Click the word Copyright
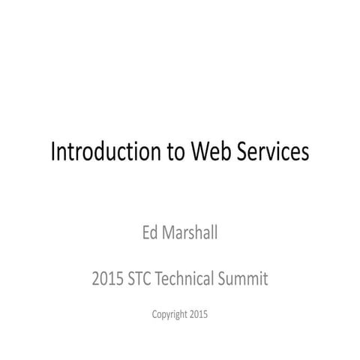[x=169, y=314]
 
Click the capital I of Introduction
[x=52, y=152]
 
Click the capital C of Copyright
[x=154, y=314]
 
